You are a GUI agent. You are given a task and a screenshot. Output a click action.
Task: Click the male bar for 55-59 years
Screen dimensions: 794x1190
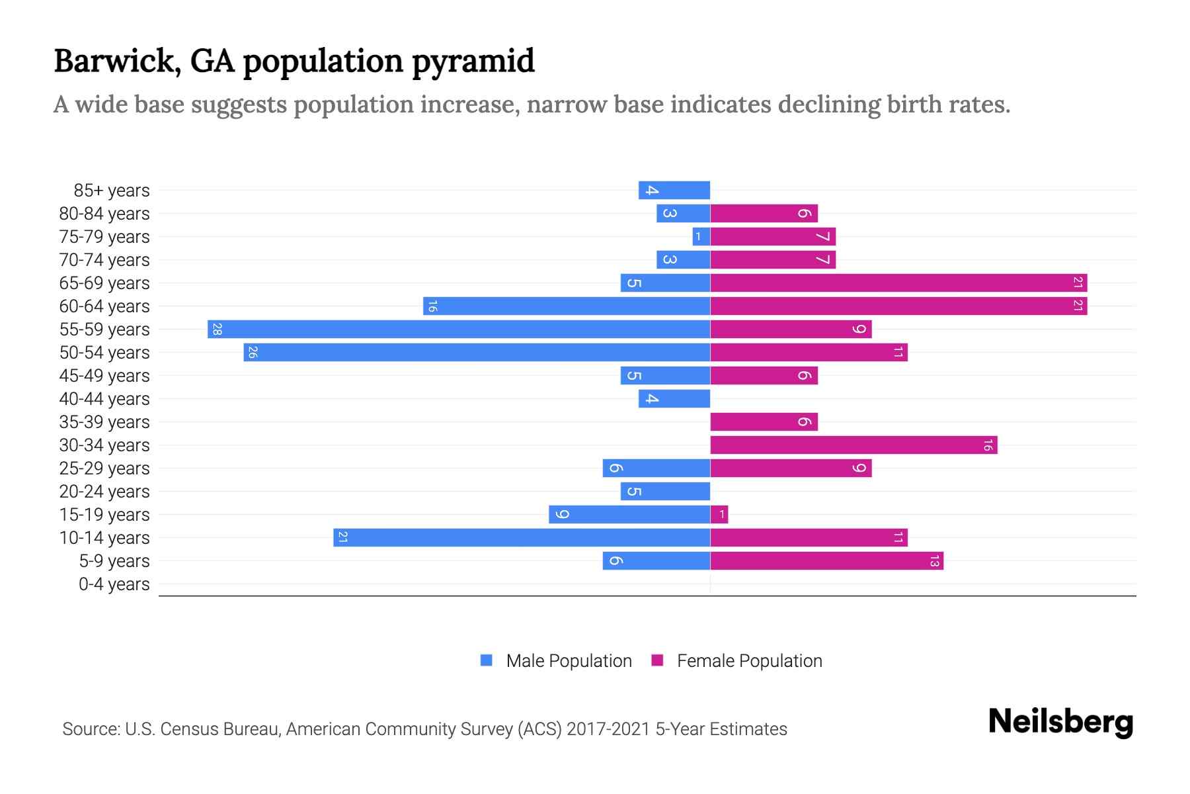[x=459, y=329]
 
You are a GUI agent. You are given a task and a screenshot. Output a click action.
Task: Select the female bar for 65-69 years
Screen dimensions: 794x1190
[x=898, y=283]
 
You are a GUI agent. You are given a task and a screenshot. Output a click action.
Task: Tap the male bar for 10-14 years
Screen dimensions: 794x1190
[x=522, y=537]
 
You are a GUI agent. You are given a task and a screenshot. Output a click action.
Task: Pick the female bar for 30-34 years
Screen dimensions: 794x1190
[x=853, y=445]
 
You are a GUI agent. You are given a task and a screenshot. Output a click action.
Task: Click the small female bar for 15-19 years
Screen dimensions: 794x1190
[x=719, y=514]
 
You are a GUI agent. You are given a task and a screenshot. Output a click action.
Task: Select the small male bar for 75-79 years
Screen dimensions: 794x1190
[x=701, y=237]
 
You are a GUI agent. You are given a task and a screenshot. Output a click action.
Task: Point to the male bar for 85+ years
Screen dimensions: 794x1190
[x=674, y=191]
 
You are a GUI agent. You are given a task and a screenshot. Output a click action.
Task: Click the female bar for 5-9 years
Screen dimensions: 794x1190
[x=826, y=561]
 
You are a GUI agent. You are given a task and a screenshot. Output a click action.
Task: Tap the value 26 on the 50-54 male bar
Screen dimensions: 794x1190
[x=252, y=353]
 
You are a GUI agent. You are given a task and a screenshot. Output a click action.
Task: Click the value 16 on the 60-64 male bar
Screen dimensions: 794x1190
[x=432, y=306]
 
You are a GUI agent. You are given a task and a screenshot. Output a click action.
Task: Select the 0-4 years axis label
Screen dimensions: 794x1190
[x=114, y=584]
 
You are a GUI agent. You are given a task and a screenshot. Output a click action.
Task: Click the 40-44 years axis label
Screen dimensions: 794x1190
[x=104, y=399]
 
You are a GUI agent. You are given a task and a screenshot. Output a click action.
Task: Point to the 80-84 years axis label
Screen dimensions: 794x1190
[x=104, y=214]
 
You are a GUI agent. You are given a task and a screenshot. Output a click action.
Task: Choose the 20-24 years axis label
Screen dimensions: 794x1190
[x=104, y=492]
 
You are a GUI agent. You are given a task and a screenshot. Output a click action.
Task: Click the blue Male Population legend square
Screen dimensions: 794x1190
[x=487, y=660]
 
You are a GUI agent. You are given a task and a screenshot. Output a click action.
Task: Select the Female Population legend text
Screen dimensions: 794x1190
[x=749, y=661]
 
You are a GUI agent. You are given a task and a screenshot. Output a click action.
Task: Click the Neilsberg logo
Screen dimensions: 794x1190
[x=1060, y=721]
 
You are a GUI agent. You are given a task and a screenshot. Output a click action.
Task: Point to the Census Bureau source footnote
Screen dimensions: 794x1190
[x=424, y=729]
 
